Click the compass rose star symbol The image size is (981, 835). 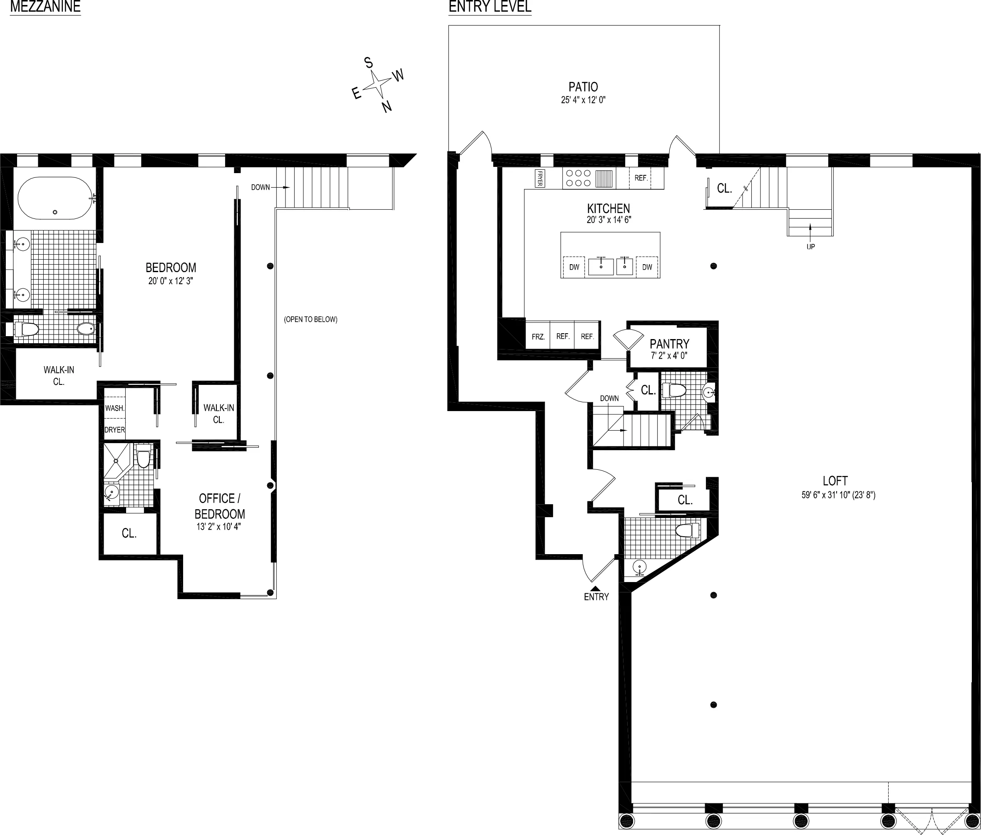[377, 84]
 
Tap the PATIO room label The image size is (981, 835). [583, 87]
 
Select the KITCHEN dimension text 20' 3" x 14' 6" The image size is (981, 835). [608, 220]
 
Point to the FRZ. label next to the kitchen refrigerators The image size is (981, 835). [538, 337]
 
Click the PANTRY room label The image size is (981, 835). [669, 344]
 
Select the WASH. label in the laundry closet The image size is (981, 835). [114, 408]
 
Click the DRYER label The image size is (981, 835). [114, 430]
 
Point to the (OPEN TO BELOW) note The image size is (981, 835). [310, 320]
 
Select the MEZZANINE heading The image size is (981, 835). [45, 7]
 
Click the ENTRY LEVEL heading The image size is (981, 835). [489, 7]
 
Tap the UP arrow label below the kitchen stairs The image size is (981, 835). [810, 246]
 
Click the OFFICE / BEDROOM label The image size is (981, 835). [220, 506]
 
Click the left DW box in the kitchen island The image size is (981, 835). [574, 267]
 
